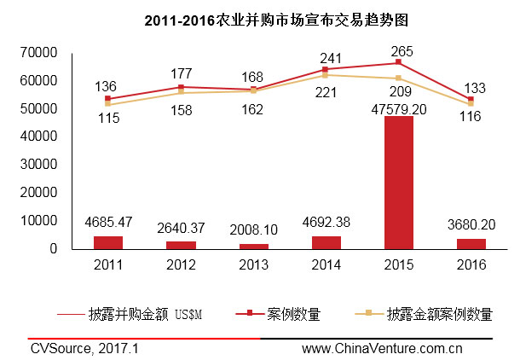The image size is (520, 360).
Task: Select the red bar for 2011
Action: [x=108, y=242]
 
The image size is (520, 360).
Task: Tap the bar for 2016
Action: [x=471, y=244]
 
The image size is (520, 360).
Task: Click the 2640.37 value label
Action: [x=181, y=228]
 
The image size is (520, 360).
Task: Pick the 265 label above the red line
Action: [x=398, y=49]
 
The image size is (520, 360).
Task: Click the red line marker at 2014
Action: [x=326, y=69]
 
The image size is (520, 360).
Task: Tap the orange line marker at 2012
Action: [x=181, y=92]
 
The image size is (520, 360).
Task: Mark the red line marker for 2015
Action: [x=398, y=62]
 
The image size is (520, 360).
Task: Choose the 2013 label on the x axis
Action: [x=253, y=265]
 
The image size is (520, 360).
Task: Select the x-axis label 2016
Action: [x=471, y=265]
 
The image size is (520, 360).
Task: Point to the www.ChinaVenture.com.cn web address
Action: [x=382, y=347]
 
